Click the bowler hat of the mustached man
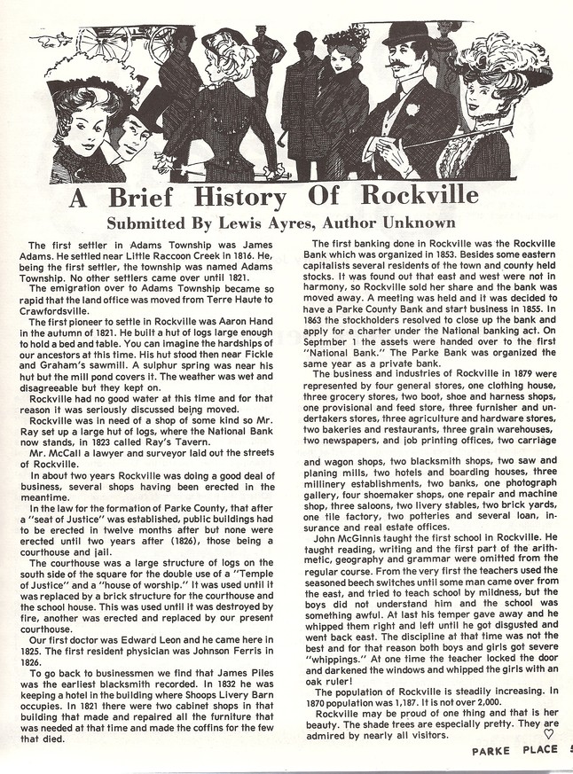(405, 35)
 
